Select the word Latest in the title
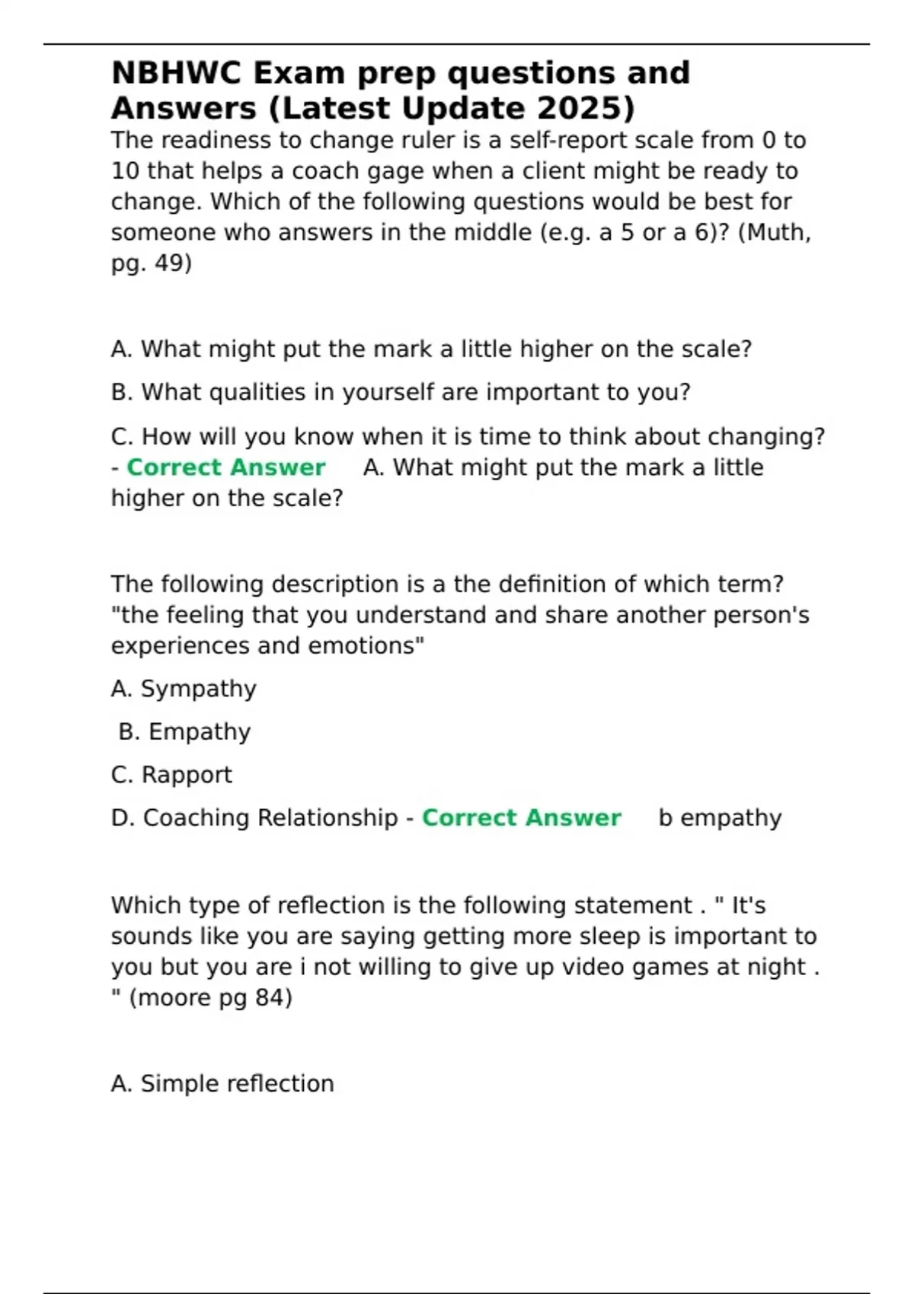point(337,108)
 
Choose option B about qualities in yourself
point(401,392)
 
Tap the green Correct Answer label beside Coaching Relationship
point(522,818)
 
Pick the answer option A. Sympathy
point(184,689)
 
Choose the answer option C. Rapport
point(171,775)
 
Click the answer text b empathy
point(720,818)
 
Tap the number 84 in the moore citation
point(270,997)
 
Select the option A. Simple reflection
point(222,1083)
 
